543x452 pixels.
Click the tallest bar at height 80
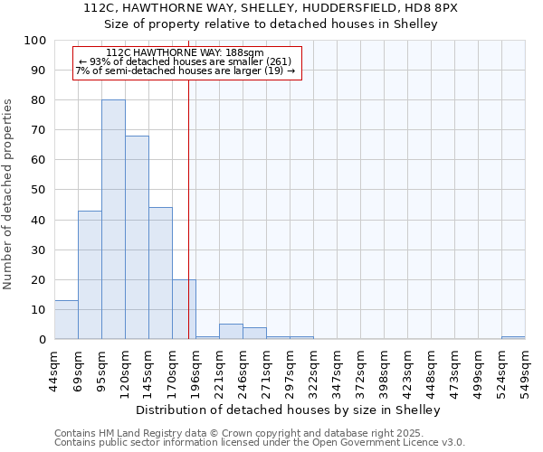tap(113, 220)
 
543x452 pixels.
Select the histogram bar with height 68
tap(137, 238)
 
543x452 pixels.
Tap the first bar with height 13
tap(66, 320)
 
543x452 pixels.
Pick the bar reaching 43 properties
tap(90, 275)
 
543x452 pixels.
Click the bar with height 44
tap(160, 273)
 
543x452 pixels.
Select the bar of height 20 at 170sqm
tap(184, 309)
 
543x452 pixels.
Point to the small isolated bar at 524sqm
tap(513, 337)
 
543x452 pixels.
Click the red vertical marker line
tap(188, 208)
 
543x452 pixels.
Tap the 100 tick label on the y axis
tap(34, 41)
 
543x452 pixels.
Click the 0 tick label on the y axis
tap(42, 340)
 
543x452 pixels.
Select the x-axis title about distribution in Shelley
tap(289, 410)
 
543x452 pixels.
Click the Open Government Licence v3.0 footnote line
tap(260, 443)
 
